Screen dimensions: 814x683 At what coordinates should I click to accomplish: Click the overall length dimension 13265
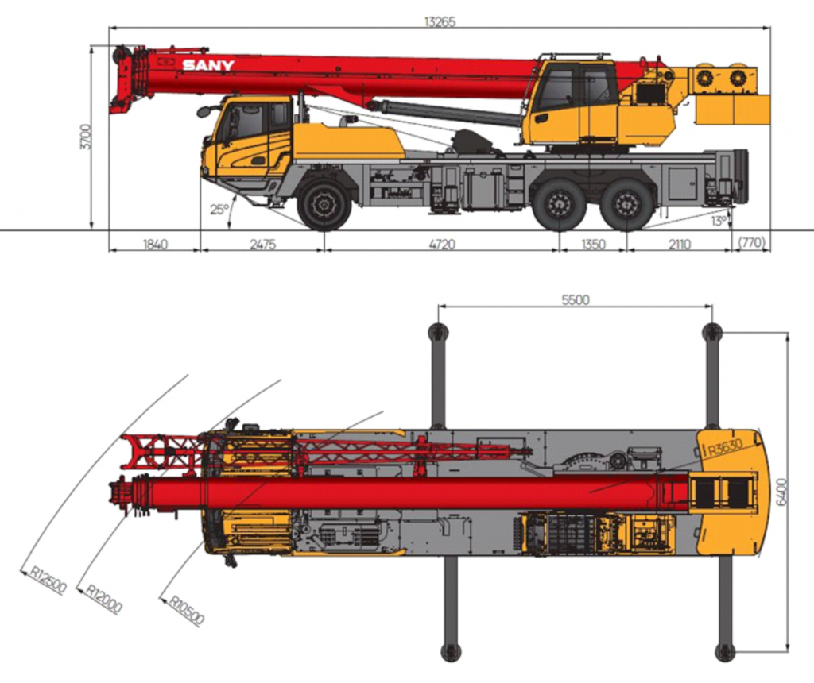click(439, 21)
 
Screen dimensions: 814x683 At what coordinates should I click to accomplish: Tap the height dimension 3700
click(86, 137)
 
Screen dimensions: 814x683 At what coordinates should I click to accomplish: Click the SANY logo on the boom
click(208, 65)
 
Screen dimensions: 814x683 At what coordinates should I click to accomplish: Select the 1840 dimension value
click(155, 244)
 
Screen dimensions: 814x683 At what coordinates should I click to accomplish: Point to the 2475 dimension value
click(262, 244)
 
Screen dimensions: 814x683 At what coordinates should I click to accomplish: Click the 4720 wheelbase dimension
click(442, 244)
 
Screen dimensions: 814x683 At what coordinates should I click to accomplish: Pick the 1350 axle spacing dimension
click(593, 244)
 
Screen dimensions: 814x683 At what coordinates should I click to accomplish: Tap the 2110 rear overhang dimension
click(679, 244)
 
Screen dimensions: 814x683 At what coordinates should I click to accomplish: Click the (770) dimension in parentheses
click(751, 243)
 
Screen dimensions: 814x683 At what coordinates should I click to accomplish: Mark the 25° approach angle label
click(219, 210)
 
